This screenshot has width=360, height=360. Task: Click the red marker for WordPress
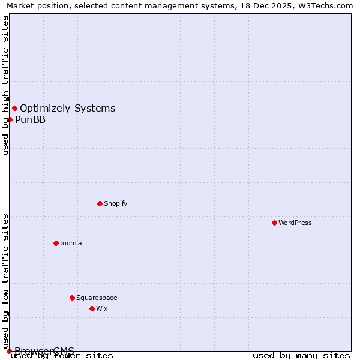tap(274, 223)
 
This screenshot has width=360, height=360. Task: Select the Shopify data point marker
tap(100, 203)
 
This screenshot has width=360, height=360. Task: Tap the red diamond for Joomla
tap(56, 243)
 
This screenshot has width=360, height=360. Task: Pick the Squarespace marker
tap(72, 298)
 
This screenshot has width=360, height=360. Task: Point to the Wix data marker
tap(92, 308)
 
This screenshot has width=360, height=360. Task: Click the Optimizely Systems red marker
tap(14, 108)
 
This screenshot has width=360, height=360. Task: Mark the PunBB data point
tap(10, 119)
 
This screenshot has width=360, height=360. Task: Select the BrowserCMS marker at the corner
tap(9, 351)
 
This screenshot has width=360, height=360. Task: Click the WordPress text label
tap(295, 223)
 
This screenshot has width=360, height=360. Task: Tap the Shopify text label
tap(116, 203)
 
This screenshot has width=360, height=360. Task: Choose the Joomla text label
tap(71, 243)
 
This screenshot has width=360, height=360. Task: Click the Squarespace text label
tap(97, 298)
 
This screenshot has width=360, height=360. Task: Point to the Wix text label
tap(102, 308)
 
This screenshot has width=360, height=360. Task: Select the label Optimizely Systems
tap(68, 108)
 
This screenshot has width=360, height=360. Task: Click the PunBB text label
tap(31, 119)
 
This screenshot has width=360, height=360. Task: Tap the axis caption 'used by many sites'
tap(301, 355)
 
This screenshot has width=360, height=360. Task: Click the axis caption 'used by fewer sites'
tap(62, 355)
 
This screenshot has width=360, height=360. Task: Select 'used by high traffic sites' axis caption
tap(5, 85)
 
